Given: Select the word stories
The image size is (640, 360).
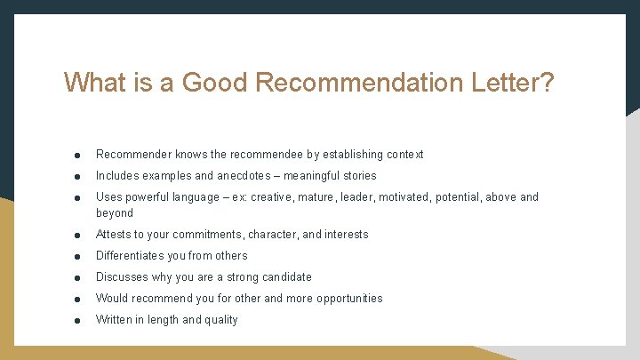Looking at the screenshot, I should point(356,176).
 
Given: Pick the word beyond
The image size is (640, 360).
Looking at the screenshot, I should point(115,213).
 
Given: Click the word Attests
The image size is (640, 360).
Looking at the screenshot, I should point(115,235).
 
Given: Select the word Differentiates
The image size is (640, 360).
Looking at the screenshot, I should point(135,256).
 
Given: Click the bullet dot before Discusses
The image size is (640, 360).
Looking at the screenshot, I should point(78,278).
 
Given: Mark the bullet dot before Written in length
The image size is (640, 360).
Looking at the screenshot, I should point(78,321).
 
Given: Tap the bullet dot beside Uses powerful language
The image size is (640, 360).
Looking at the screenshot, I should point(78,198).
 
